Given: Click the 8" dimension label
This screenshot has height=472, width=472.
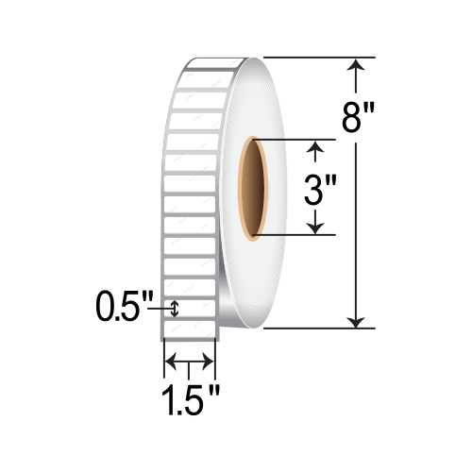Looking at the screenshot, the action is (359, 118).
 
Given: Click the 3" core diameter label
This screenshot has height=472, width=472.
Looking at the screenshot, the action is (321, 190).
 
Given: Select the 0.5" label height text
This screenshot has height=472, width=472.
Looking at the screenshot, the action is (125, 306).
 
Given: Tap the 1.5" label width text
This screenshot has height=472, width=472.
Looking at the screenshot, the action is (191, 400).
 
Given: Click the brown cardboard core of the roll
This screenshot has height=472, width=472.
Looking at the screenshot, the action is (253, 188).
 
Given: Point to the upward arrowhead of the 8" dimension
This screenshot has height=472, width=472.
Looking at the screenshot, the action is (356, 65).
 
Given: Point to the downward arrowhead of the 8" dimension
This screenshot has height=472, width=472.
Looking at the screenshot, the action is (356, 322).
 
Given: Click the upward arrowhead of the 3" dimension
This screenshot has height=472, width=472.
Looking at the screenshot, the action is (315, 147).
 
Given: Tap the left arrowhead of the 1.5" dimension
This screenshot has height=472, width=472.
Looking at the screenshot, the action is (171, 362).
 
